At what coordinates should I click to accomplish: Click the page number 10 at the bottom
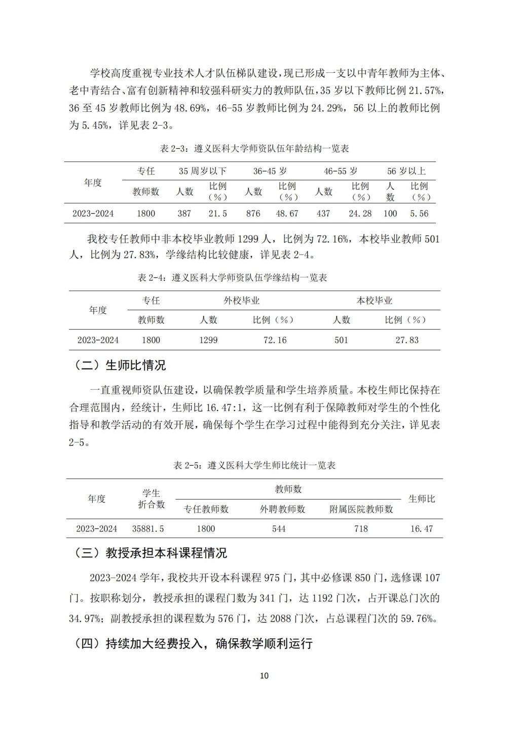pos(264,675)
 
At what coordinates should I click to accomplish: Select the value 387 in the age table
pos(184,214)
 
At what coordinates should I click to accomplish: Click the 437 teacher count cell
pos(323,214)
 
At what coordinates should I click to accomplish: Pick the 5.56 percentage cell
pos(419,214)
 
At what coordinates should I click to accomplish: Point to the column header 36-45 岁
pos(270,171)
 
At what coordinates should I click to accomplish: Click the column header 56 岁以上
pos(406,171)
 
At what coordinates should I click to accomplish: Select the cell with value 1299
pos(208,340)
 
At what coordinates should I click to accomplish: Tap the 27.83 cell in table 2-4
pos(407,340)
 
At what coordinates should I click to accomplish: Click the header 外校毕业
pos(242,301)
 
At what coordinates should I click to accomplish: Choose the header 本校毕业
pos(375,301)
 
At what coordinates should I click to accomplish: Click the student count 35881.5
pos(148,529)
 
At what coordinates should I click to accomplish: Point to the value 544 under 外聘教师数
pos(279,529)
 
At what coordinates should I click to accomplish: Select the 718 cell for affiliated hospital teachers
pos(361,529)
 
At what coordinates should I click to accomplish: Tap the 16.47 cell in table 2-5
pos(422,529)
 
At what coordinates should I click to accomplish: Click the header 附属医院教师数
pos(361,509)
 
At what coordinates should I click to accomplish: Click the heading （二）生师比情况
pos(120,365)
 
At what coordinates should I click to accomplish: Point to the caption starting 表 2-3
pos(254,148)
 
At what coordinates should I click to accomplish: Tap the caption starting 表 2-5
pos(254,465)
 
